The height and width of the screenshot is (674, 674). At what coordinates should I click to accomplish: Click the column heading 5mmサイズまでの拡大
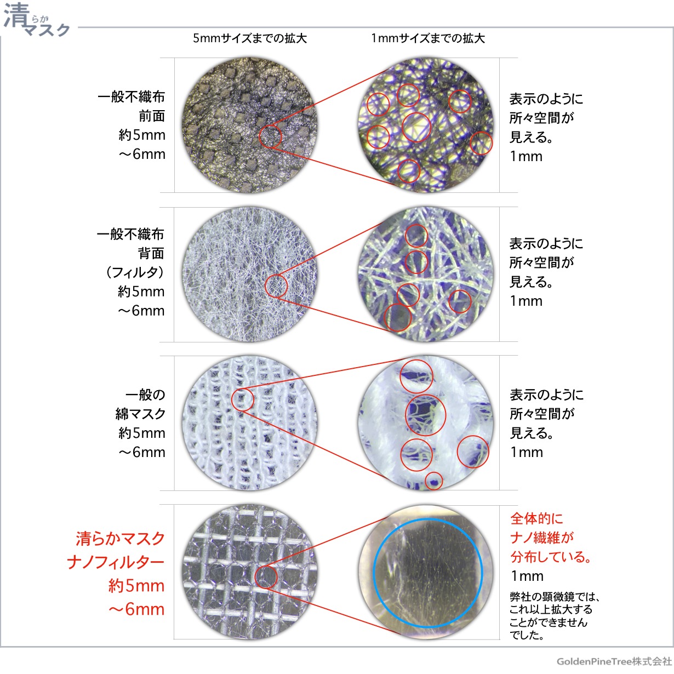[x=249, y=38]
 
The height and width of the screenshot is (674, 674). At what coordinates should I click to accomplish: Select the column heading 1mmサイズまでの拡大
[x=427, y=38]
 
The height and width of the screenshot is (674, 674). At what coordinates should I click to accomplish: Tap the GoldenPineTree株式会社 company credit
[x=614, y=661]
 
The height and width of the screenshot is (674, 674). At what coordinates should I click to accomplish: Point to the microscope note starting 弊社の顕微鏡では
[x=553, y=616]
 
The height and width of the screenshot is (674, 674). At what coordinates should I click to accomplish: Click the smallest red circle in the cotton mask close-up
[x=434, y=481]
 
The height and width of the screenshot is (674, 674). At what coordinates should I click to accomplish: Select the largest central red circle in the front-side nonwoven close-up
[x=416, y=127]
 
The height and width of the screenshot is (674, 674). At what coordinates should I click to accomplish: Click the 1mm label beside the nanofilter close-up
[x=527, y=576]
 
